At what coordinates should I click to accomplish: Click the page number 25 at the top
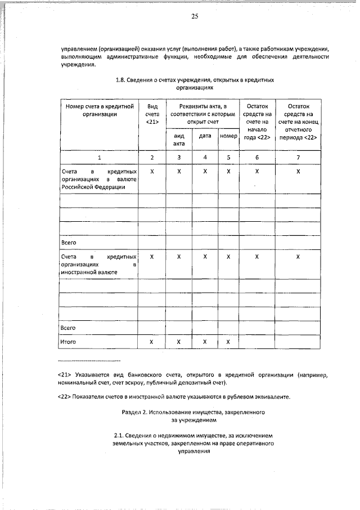195,16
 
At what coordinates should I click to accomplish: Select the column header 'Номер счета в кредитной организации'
99,110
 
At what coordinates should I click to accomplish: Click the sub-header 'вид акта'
179,140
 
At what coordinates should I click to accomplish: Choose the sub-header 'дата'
205,136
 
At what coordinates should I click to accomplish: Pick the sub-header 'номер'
228,136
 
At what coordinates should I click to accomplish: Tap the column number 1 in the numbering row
99,158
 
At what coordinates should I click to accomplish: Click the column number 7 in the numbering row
298,158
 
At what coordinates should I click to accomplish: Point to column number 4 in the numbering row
205,158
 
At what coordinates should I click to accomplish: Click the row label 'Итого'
68,342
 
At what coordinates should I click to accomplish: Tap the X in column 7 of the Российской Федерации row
298,171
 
